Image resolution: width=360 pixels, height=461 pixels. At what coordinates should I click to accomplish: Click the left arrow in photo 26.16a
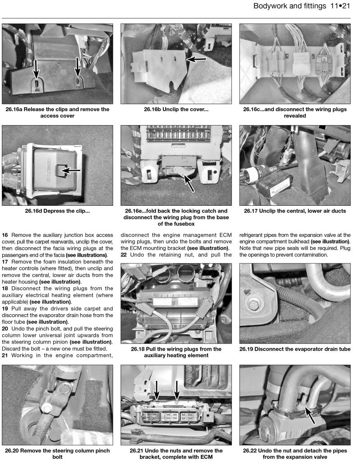36,70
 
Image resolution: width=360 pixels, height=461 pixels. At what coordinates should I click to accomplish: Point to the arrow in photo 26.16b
196,59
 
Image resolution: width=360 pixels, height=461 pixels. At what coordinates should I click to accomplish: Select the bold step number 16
5,235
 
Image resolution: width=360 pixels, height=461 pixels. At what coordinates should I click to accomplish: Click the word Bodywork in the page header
271,6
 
